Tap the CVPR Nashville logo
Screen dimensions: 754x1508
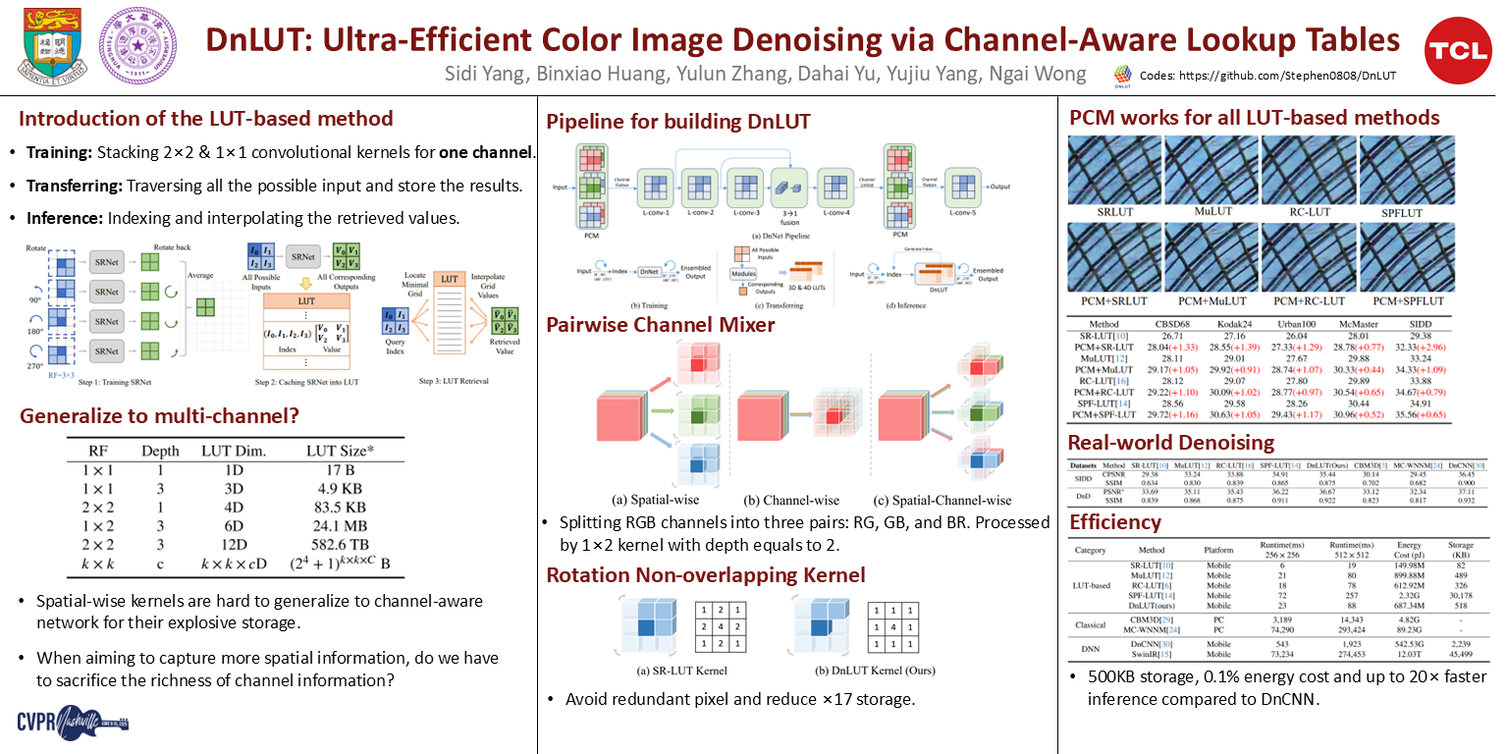[74, 723]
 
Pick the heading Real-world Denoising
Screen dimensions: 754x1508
[1171, 442]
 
